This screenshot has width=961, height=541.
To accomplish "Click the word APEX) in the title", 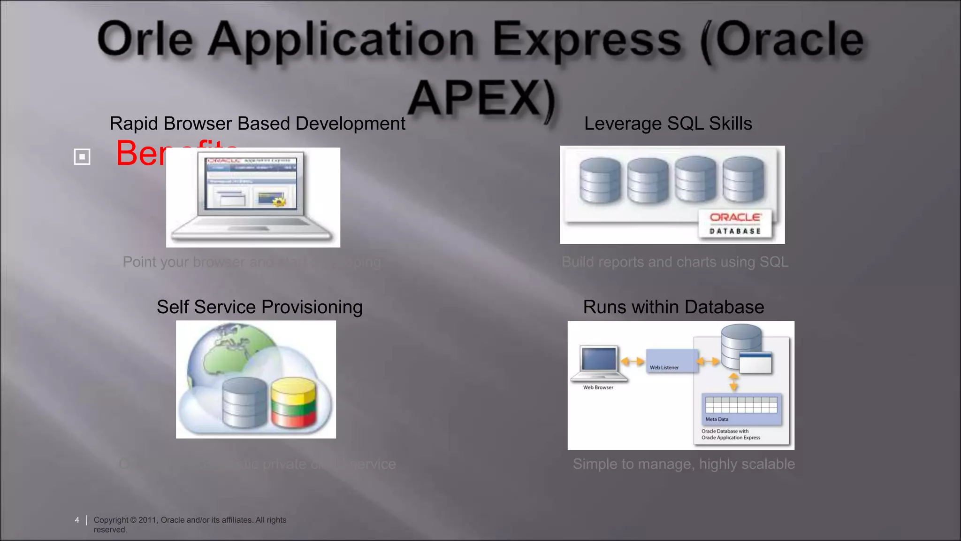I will click(x=481, y=99).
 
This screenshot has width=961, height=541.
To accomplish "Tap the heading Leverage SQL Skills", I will click(x=668, y=124).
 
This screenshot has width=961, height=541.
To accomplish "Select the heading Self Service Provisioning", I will click(x=259, y=307).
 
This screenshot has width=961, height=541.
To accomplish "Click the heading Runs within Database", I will click(x=673, y=307).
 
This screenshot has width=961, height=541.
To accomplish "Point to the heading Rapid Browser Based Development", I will click(x=257, y=124).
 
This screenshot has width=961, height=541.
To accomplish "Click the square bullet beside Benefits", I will click(x=82, y=156).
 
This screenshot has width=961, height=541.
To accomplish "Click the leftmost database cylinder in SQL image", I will click(x=600, y=181).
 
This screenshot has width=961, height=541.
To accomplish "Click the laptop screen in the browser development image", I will click(x=251, y=184).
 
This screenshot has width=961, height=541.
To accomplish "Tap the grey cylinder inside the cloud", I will click(x=244, y=403).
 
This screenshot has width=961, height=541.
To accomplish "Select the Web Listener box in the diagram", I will click(x=671, y=361).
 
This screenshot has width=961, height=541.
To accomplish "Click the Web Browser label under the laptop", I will click(x=598, y=387).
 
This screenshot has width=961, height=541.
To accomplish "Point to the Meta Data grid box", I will click(x=741, y=408).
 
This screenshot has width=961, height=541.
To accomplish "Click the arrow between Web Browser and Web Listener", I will click(x=633, y=361).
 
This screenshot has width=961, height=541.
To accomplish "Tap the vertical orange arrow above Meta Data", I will click(x=733, y=382).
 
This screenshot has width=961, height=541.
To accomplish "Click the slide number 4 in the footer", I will click(x=77, y=520).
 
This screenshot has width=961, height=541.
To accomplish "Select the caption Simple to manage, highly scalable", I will click(x=684, y=464).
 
